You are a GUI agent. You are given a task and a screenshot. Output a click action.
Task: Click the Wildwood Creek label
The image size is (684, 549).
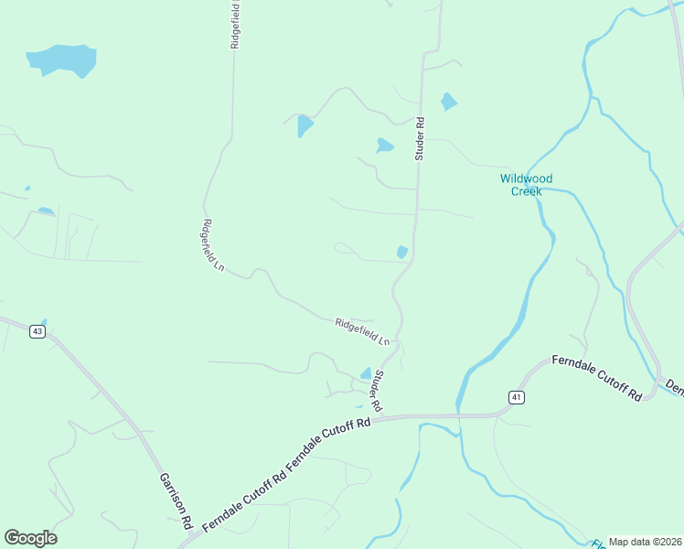(x=526, y=185)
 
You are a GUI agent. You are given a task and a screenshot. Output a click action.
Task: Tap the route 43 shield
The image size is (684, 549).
(x=37, y=331)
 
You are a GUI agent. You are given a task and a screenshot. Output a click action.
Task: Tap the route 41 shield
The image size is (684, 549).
(x=516, y=396)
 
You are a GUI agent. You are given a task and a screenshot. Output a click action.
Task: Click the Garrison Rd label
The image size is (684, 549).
(x=175, y=500)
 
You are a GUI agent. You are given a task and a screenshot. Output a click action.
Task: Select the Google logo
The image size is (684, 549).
(x=30, y=538)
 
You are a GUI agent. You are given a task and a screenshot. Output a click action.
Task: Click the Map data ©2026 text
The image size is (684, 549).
(x=645, y=542)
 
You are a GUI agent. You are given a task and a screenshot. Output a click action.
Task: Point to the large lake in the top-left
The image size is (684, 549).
(x=62, y=60)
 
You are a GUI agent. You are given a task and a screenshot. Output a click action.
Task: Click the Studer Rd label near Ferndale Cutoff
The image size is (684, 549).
(x=377, y=389)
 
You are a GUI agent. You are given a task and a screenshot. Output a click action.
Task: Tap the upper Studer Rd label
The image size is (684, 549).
(x=421, y=138)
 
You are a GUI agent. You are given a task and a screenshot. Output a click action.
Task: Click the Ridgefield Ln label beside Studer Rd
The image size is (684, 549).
(x=362, y=330)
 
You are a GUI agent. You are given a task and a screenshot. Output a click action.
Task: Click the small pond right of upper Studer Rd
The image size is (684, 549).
(x=448, y=101)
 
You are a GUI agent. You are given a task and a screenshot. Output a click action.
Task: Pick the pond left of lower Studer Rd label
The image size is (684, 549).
(x=366, y=373)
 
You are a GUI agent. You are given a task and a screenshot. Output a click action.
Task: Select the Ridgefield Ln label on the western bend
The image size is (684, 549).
(x=213, y=245)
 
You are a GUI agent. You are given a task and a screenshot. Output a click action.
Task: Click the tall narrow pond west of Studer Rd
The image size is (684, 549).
(x=305, y=125)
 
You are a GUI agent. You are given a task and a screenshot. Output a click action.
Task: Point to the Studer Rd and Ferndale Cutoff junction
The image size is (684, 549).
(x=381, y=417)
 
